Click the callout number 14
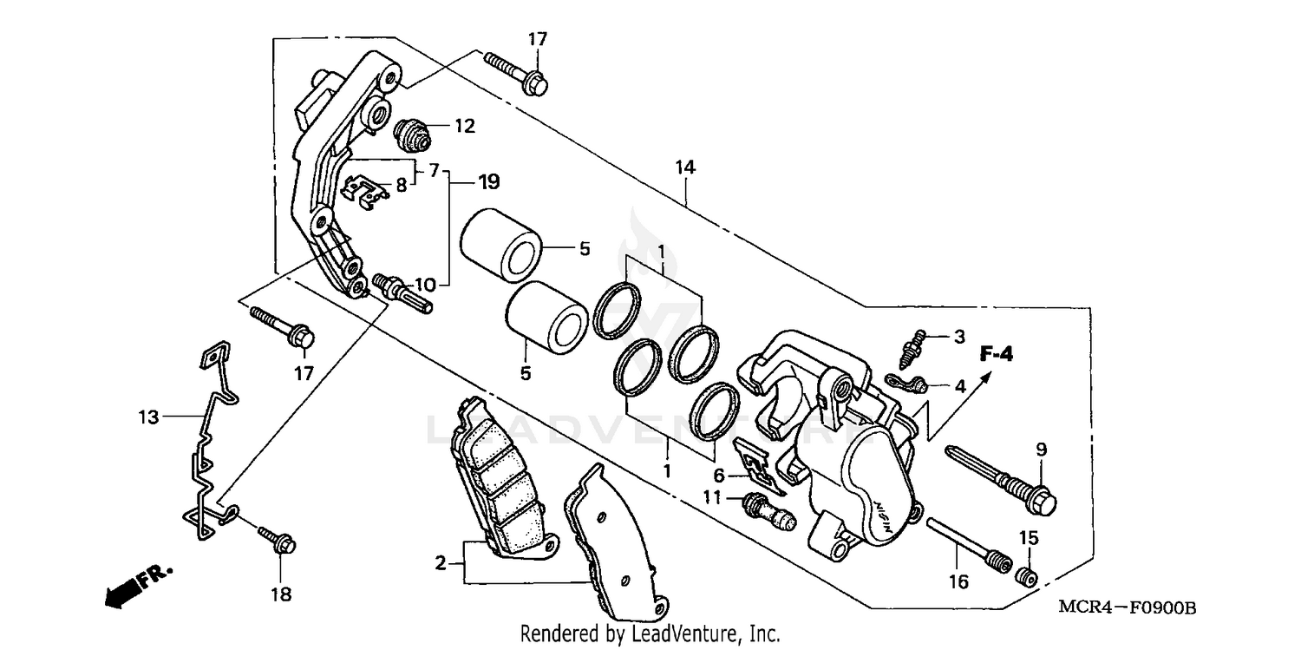click(685, 167)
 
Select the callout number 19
click(488, 182)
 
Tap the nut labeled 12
click(412, 133)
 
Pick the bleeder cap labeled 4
click(907, 382)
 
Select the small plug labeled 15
click(1025, 575)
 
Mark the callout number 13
click(148, 417)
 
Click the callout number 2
click(441, 564)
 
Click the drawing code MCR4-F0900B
click(1127, 608)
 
